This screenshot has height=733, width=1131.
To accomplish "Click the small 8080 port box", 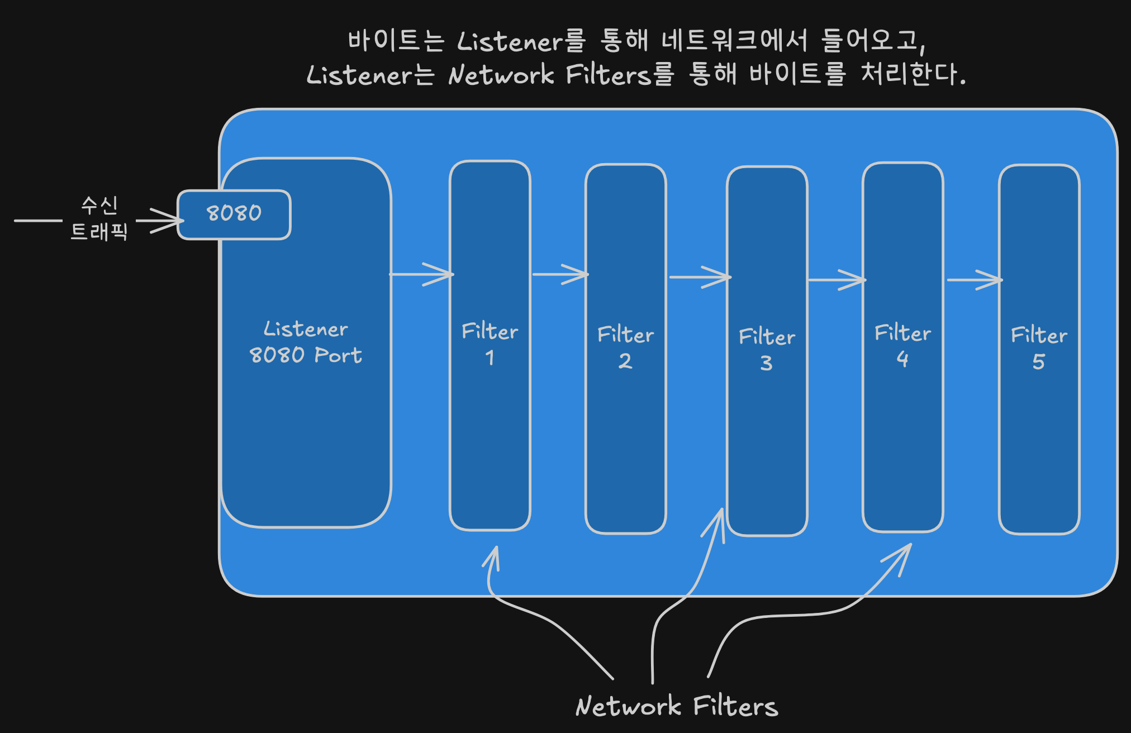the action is [x=234, y=215].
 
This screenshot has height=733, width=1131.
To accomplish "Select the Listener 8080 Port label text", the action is [x=306, y=342].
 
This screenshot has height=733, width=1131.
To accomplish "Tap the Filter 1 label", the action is [x=490, y=344].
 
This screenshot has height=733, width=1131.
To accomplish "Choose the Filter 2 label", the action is [x=625, y=347].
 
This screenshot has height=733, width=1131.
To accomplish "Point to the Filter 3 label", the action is [x=767, y=349].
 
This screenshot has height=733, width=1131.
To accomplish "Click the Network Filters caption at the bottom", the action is [x=677, y=706].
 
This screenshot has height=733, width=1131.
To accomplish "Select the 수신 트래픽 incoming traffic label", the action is [x=99, y=218].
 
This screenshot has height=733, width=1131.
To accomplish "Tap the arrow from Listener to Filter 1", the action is [x=421, y=274].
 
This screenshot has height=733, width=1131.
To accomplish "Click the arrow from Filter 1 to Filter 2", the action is [x=560, y=274].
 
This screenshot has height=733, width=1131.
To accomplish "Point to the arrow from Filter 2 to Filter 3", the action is [x=700, y=277].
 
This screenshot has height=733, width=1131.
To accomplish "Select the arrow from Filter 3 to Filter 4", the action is [x=837, y=280].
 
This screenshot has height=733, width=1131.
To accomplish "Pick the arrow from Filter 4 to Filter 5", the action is [x=975, y=280].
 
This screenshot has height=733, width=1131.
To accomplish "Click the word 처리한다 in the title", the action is [x=914, y=74].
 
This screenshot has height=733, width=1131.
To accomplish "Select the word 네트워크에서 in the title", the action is [x=735, y=40].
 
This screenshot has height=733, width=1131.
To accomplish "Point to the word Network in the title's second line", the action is [x=501, y=75].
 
